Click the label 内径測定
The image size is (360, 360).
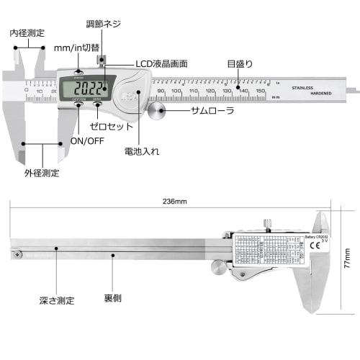point(27,32)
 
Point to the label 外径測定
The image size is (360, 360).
point(42,173)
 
